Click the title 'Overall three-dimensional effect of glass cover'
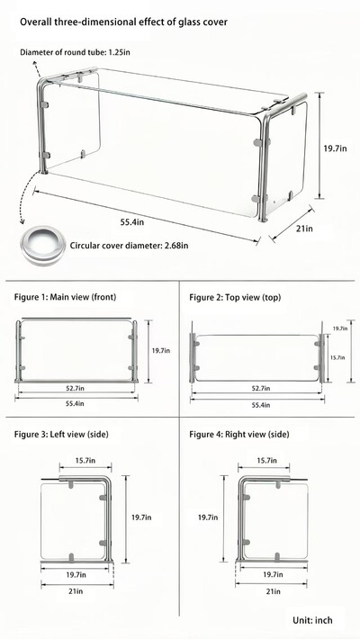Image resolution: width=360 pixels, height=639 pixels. (123, 22)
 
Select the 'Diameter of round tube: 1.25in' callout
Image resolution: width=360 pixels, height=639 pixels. (75, 52)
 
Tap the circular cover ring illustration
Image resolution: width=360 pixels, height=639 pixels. (42, 245)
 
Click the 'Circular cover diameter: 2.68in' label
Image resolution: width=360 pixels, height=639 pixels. (130, 246)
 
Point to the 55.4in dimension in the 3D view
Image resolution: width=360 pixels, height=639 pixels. (132, 222)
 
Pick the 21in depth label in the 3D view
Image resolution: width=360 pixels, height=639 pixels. (304, 229)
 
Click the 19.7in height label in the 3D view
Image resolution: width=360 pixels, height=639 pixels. (336, 148)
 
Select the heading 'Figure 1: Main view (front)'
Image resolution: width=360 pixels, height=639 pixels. (65, 297)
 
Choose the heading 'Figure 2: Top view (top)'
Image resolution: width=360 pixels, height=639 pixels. (235, 298)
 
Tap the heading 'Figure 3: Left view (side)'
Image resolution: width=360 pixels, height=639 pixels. (61, 435)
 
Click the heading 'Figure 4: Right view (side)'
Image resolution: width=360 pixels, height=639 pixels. (238, 435)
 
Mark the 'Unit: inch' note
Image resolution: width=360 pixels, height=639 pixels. (312, 620)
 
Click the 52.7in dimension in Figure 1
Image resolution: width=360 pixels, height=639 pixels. (76, 389)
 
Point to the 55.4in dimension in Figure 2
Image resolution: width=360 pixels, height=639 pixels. (260, 405)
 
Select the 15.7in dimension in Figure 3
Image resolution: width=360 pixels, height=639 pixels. (85, 461)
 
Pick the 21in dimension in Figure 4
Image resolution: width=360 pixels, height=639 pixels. (273, 591)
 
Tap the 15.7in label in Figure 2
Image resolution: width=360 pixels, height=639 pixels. (337, 357)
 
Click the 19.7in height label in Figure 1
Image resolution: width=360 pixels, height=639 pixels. (160, 350)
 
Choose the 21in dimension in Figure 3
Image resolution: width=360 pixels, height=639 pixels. (76, 590)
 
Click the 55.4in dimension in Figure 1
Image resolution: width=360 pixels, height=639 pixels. (76, 403)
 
